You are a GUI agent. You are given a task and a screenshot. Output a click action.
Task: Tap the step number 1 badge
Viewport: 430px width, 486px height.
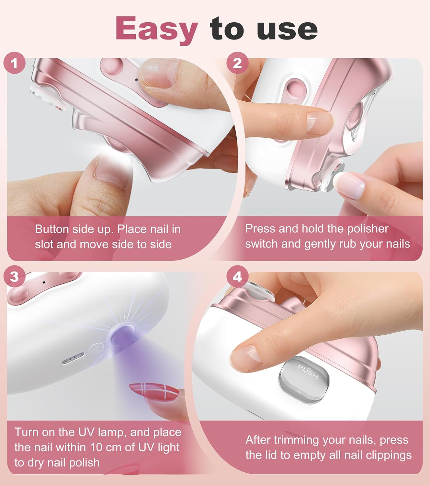(14, 63)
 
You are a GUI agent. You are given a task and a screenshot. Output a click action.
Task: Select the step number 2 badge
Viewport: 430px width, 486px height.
(237, 63)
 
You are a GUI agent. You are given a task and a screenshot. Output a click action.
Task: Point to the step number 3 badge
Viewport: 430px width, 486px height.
(14, 277)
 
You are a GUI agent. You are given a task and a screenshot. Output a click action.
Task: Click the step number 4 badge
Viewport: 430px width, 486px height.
(237, 277)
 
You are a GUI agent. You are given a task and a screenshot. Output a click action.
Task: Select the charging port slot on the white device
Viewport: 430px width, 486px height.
(73, 359)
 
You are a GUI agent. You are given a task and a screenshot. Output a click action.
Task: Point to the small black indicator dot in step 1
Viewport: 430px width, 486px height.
(136, 80)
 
